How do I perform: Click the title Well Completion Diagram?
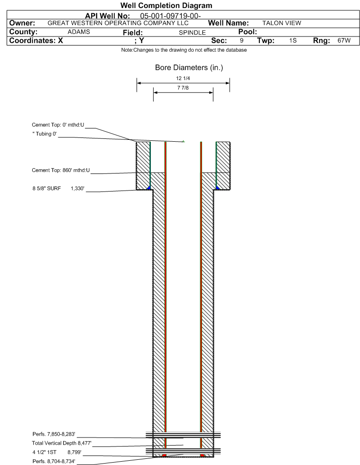click(166, 5)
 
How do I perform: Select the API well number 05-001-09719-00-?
click(170, 16)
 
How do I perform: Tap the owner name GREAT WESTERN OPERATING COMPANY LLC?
click(118, 23)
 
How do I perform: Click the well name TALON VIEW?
click(282, 23)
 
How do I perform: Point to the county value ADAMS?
click(79, 32)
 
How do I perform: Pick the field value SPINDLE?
click(192, 33)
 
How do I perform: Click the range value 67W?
click(344, 40)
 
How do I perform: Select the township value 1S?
click(293, 40)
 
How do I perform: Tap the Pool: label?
click(248, 32)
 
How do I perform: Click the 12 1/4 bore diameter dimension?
click(183, 78)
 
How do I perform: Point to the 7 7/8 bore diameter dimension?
click(183, 88)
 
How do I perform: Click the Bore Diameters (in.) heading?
click(189, 68)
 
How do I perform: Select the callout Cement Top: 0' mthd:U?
click(58, 125)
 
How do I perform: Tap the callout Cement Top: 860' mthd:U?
click(61, 170)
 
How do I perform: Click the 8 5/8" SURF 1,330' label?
click(58, 188)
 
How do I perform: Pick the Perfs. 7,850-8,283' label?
click(54, 434)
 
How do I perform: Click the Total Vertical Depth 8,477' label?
click(62, 443)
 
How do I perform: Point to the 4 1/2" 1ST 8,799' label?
click(57, 452)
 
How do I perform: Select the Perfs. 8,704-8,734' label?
click(54, 461)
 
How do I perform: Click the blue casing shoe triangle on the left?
click(149, 187)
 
